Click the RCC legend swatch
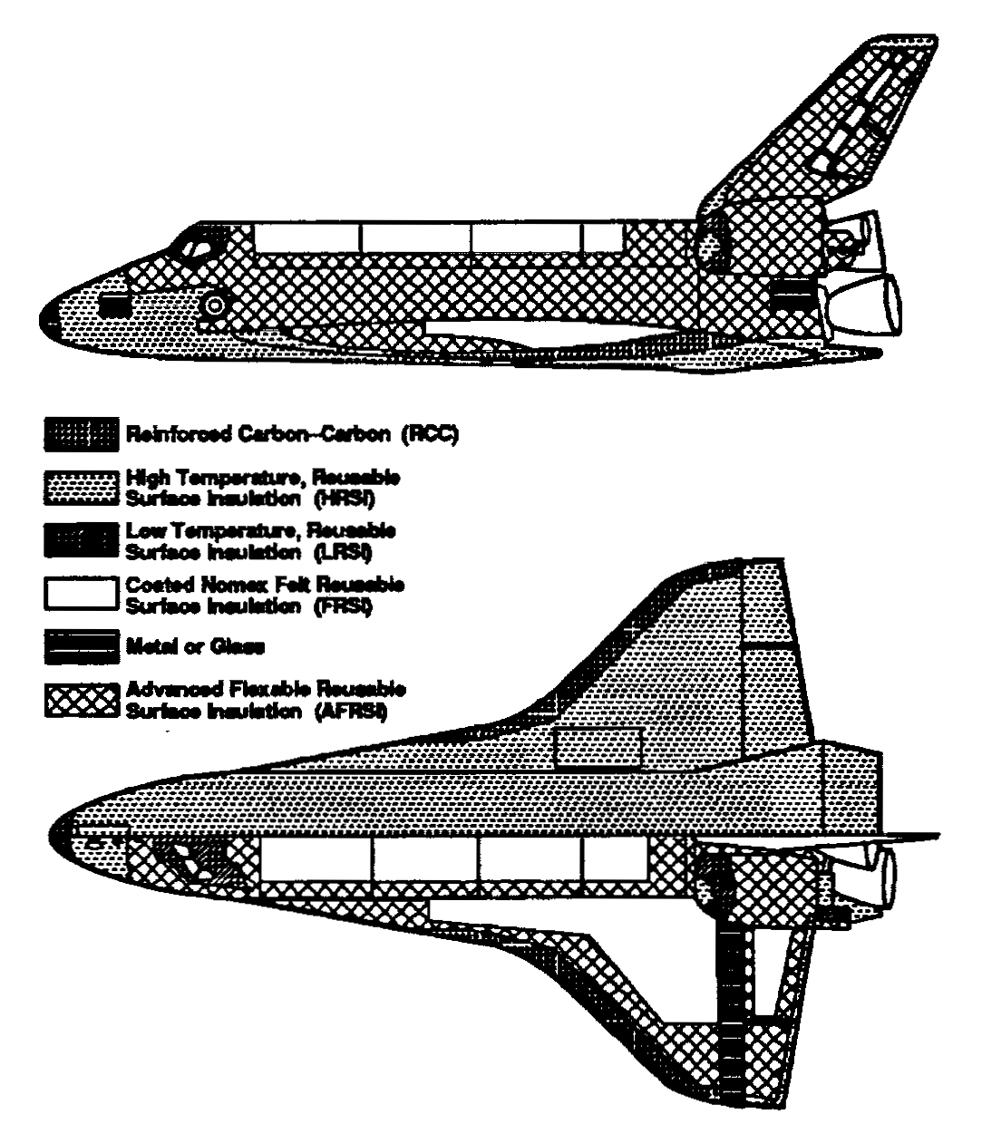coord(80,434)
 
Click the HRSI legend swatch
coord(80,486)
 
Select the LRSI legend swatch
coord(80,538)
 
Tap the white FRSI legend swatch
coord(80,593)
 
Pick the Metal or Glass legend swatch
coord(80,646)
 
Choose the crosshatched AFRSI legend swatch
coord(80,700)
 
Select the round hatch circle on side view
coord(216,305)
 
